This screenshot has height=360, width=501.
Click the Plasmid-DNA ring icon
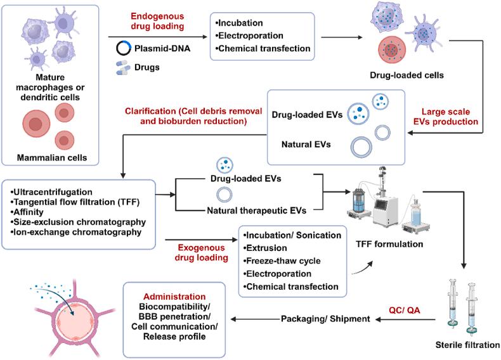tap(123, 48)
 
